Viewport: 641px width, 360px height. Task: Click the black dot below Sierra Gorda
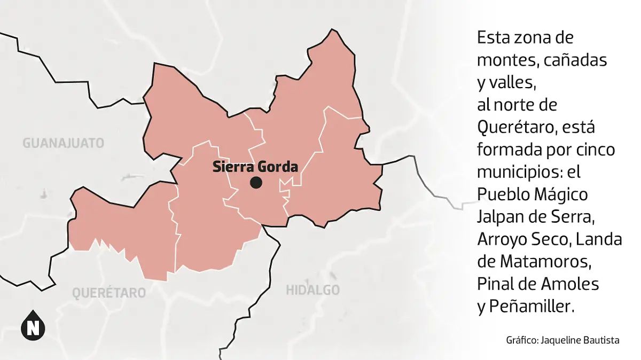pos(256,183)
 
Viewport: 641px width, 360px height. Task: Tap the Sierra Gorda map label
pos(255,167)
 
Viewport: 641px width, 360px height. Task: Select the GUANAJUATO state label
pos(63,143)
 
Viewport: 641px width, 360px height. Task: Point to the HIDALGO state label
pos(313,290)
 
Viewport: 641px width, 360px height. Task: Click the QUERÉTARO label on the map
pos(109,293)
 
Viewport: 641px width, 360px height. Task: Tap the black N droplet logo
pos(33,324)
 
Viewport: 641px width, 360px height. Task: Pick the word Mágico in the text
pos(561,194)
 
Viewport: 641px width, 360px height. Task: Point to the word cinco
pos(596,150)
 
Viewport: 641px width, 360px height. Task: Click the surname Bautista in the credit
pos(601,340)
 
